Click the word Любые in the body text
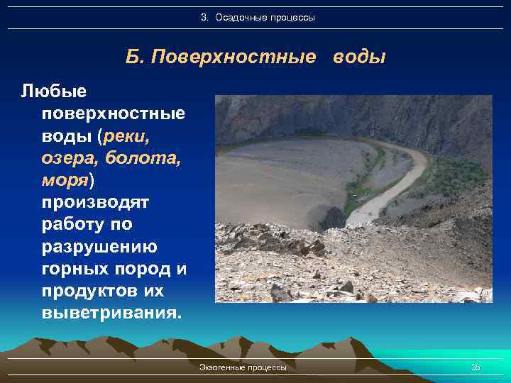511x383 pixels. coord(53,91)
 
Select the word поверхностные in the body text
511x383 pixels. coord(114,113)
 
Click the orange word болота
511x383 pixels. coord(145,158)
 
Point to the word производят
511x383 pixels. coord(95,203)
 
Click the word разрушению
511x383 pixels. coord(100,247)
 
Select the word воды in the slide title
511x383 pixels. coord(358,57)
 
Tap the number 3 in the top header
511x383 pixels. coord(203,17)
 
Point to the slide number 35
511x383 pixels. coord(476,367)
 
